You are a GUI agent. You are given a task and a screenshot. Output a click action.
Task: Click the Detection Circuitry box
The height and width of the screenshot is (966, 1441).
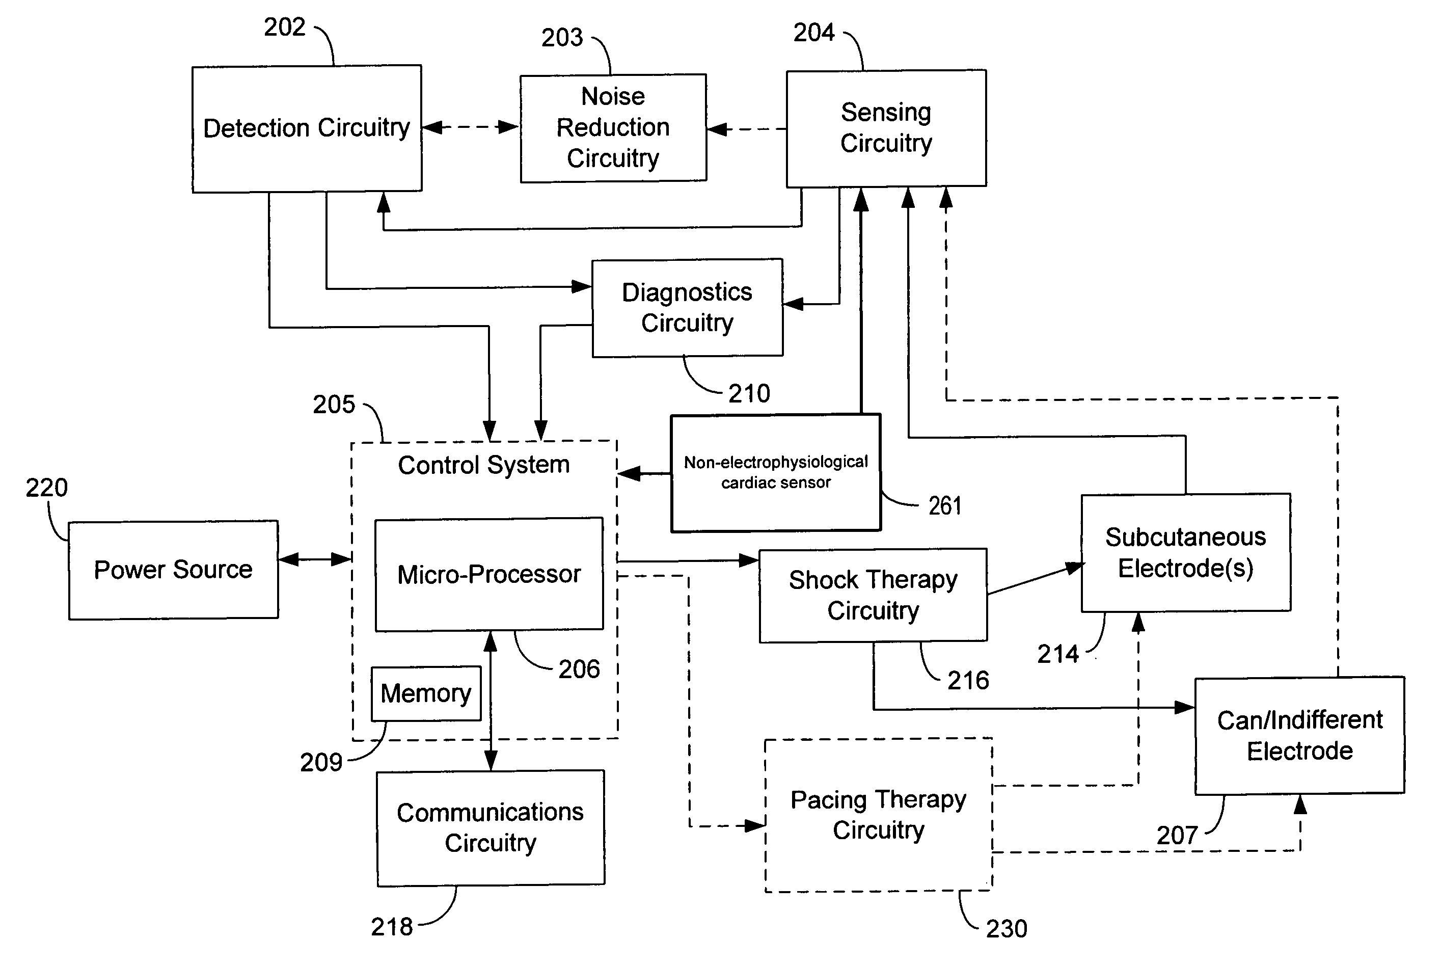click(x=307, y=129)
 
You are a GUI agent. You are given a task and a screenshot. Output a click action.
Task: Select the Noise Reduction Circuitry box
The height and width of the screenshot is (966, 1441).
click(x=613, y=128)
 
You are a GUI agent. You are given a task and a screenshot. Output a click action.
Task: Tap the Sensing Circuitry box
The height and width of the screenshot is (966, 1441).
click(x=886, y=128)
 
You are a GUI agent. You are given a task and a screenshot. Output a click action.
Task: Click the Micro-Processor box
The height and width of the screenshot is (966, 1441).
click(x=489, y=574)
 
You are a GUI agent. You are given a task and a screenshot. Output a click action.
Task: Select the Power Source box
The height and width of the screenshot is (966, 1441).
click(x=173, y=570)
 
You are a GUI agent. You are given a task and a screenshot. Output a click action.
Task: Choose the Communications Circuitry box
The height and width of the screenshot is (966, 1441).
click(x=490, y=827)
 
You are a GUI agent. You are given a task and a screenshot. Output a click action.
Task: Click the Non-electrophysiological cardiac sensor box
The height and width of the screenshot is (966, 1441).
click(x=775, y=472)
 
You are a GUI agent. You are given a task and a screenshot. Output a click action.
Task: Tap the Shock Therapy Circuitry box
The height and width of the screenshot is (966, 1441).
click(x=873, y=595)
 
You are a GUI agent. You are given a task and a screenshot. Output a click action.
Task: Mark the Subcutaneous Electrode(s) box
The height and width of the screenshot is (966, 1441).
click(x=1185, y=553)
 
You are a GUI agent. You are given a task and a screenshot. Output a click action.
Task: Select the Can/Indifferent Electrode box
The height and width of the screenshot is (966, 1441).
click(x=1299, y=736)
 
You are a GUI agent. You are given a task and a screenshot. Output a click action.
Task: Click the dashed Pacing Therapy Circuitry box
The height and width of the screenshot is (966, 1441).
click(x=878, y=815)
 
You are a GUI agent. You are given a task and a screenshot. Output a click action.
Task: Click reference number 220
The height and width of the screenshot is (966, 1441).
click(x=46, y=488)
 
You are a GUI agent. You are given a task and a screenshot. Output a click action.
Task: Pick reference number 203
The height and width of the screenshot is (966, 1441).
click(x=562, y=38)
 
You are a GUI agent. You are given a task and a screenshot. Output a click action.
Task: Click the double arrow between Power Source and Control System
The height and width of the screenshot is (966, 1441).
click(x=315, y=559)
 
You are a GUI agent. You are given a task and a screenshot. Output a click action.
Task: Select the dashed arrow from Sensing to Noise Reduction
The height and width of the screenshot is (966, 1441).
click(x=746, y=129)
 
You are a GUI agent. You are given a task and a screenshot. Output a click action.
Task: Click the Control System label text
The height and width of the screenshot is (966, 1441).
click(x=483, y=465)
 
